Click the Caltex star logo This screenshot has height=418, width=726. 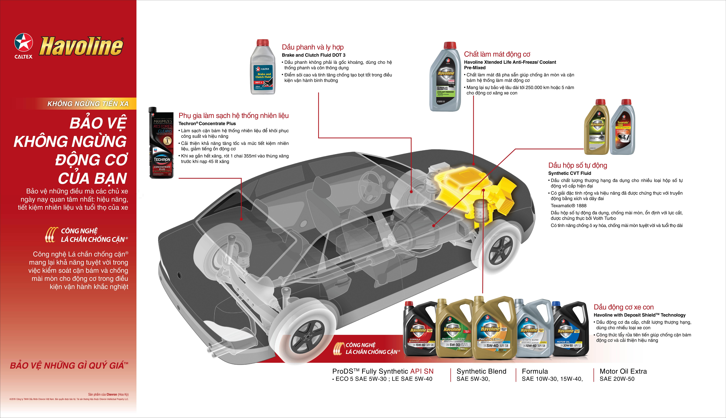tap(24, 43)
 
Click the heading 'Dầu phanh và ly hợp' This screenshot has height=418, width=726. tap(313, 47)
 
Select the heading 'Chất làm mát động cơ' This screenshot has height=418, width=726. tap(497, 54)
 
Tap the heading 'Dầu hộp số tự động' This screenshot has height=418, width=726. tap(578, 165)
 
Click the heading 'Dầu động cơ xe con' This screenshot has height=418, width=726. tap(623, 307)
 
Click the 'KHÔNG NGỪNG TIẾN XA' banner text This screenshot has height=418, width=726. tap(88, 104)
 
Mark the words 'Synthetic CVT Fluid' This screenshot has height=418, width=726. tap(570, 173)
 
